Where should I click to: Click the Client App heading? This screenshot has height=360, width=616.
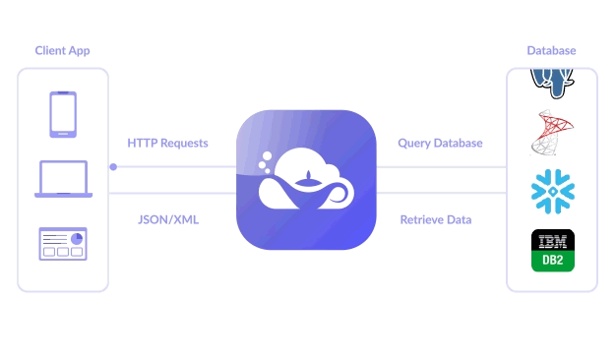[x=62, y=50]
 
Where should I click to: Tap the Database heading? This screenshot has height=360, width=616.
[x=551, y=50]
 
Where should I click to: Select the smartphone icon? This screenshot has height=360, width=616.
[x=63, y=114]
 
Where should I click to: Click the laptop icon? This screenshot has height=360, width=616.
[x=63, y=179]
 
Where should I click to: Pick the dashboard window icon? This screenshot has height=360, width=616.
[x=63, y=244]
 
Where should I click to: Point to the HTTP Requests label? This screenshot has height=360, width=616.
[x=167, y=143]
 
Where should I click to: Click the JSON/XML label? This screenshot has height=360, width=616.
[x=168, y=219]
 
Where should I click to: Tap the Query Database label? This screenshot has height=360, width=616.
[x=440, y=143]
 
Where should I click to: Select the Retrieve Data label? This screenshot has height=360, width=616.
[x=435, y=219]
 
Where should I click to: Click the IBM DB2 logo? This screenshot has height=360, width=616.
[x=552, y=251]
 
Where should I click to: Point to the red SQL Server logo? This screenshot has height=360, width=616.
[x=551, y=134]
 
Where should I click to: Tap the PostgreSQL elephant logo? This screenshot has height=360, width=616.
[x=552, y=81]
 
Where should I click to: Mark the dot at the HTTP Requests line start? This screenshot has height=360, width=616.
[x=113, y=166]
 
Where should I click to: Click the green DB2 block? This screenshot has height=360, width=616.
[x=552, y=262]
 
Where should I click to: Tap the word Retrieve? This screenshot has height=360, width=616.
[x=420, y=219]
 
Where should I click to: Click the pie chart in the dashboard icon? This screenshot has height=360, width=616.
[x=77, y=238]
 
